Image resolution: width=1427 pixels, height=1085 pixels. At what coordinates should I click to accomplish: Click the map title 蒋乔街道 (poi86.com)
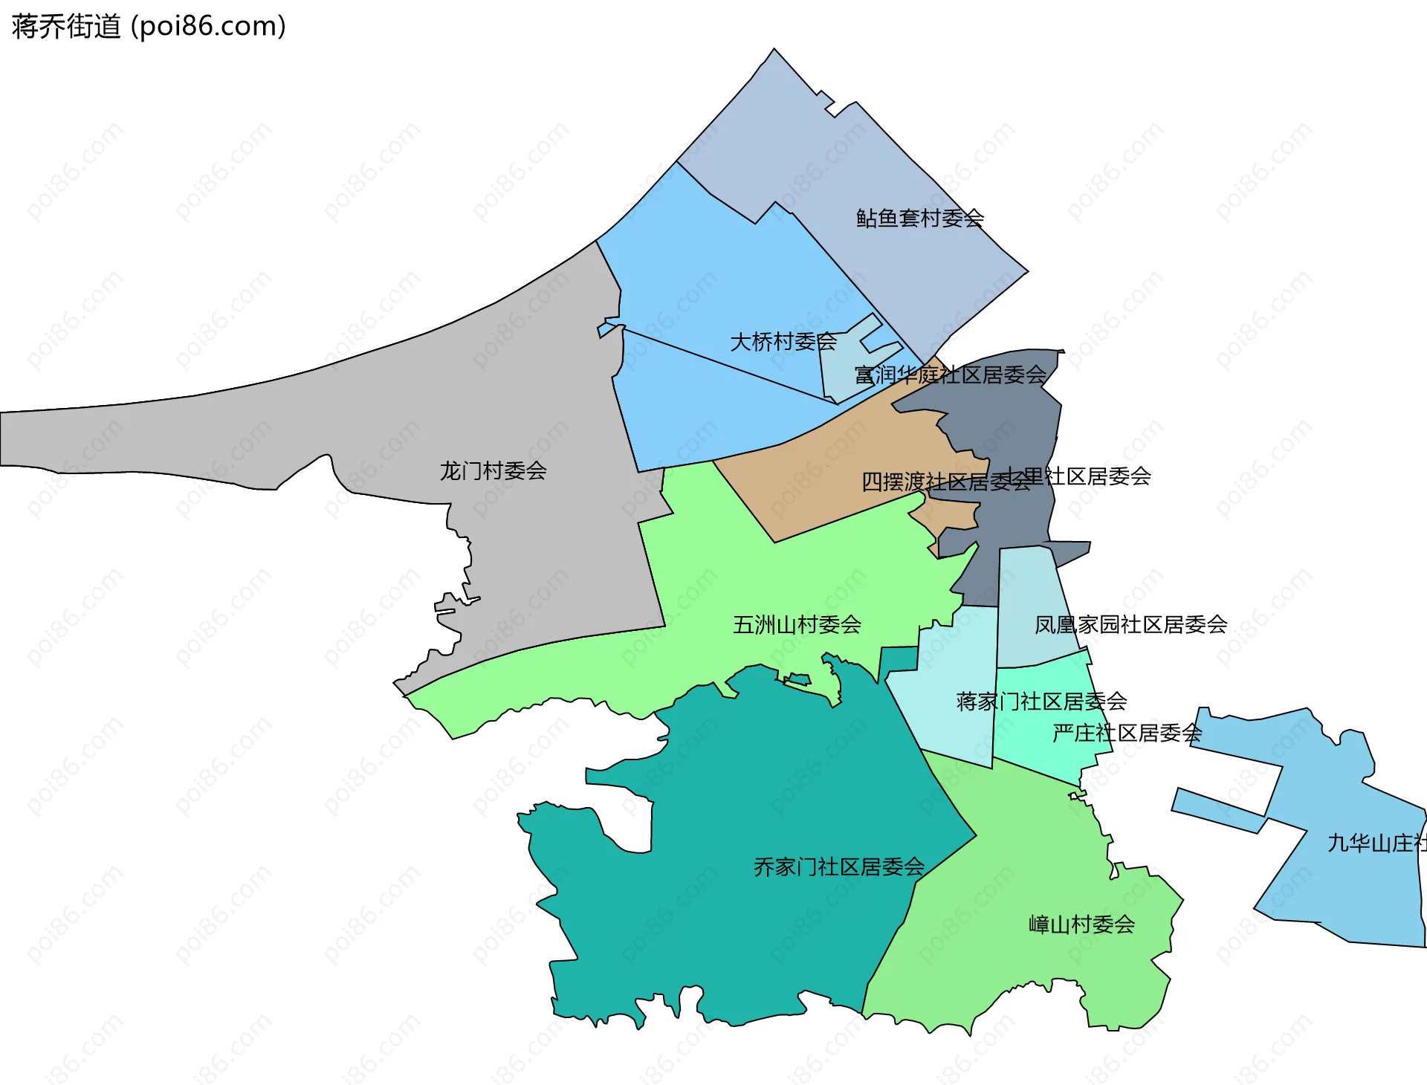[149, 27]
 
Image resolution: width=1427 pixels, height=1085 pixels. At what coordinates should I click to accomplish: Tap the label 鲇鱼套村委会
[920, 218]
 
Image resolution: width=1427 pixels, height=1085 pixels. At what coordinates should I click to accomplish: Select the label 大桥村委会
[783, 342]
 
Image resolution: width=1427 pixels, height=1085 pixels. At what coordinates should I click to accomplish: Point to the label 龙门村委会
[493, 471]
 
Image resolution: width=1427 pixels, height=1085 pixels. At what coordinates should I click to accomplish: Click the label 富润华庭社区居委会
[950, 375]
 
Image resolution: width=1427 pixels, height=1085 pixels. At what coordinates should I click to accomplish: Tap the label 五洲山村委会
[797, 625]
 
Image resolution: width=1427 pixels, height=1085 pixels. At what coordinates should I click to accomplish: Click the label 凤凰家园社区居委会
[1130, 625]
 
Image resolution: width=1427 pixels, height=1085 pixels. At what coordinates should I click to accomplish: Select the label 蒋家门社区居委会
[1041, 702]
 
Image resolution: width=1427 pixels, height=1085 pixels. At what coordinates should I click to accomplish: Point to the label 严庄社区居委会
[1127, 733]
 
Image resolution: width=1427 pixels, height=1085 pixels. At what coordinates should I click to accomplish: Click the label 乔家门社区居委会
[839, 867]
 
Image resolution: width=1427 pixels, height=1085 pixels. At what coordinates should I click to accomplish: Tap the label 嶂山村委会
[1081, 925]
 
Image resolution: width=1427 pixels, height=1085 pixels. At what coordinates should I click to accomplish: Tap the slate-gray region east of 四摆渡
[1018, 416]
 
